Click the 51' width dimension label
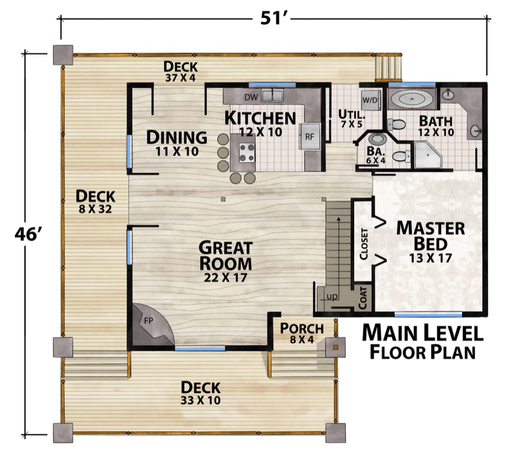click(x=272, y=19)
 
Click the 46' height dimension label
click(x=28, y=234)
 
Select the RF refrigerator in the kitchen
click(x=309, y=136)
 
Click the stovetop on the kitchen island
click(x=247, y=153)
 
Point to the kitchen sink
click(x=272, y=96)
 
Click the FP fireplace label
click(x=148, y=320)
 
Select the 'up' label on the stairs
click(x=332, y=296)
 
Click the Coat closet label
click(x=363, y=298)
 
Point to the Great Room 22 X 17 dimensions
click(x=225, y=278)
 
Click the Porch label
click(x=302, y=328)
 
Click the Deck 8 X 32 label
click(x=95, y=202)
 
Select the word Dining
click(x=177, y=137)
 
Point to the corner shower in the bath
click(x=428, y=155)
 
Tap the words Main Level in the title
click(x=423, y=333)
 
